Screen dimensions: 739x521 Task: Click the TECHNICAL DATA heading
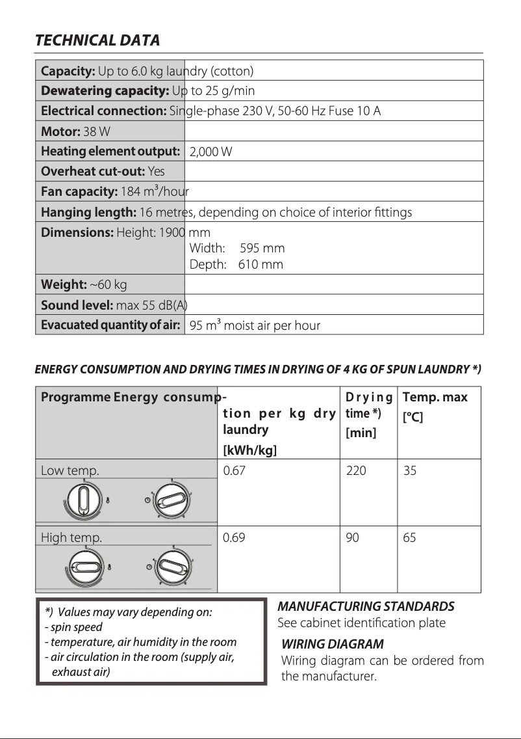97,40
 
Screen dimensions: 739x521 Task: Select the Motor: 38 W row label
75,131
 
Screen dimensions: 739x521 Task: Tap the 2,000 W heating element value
210,152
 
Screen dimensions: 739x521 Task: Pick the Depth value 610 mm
260,264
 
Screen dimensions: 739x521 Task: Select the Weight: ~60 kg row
84,284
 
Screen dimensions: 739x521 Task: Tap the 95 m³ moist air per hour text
255,325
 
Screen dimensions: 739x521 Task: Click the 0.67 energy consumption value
234,470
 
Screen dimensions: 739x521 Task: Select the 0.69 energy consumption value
234,538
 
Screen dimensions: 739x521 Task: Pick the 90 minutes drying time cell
353,538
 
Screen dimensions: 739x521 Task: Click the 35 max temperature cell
410,470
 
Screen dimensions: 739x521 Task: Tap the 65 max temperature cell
410,538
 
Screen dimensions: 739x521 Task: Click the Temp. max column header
435,397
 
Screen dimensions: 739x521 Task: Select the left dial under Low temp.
84,502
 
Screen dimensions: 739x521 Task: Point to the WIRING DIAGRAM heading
333,645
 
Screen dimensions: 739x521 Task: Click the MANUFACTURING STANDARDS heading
366,606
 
